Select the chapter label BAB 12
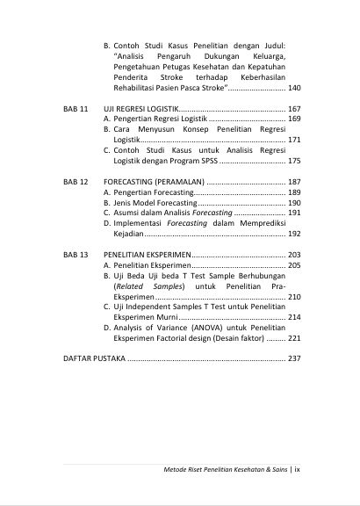pos(76,181)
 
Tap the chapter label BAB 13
pos(76,255)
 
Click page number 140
pos(294,89)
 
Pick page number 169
pos(294,118)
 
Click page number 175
pos(294,161)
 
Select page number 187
pos(294,181)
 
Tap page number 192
pos(294,235)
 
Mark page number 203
pos(294,255)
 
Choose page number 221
pos(294,338)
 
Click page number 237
pos(294,359)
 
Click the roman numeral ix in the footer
pos(298,469)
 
